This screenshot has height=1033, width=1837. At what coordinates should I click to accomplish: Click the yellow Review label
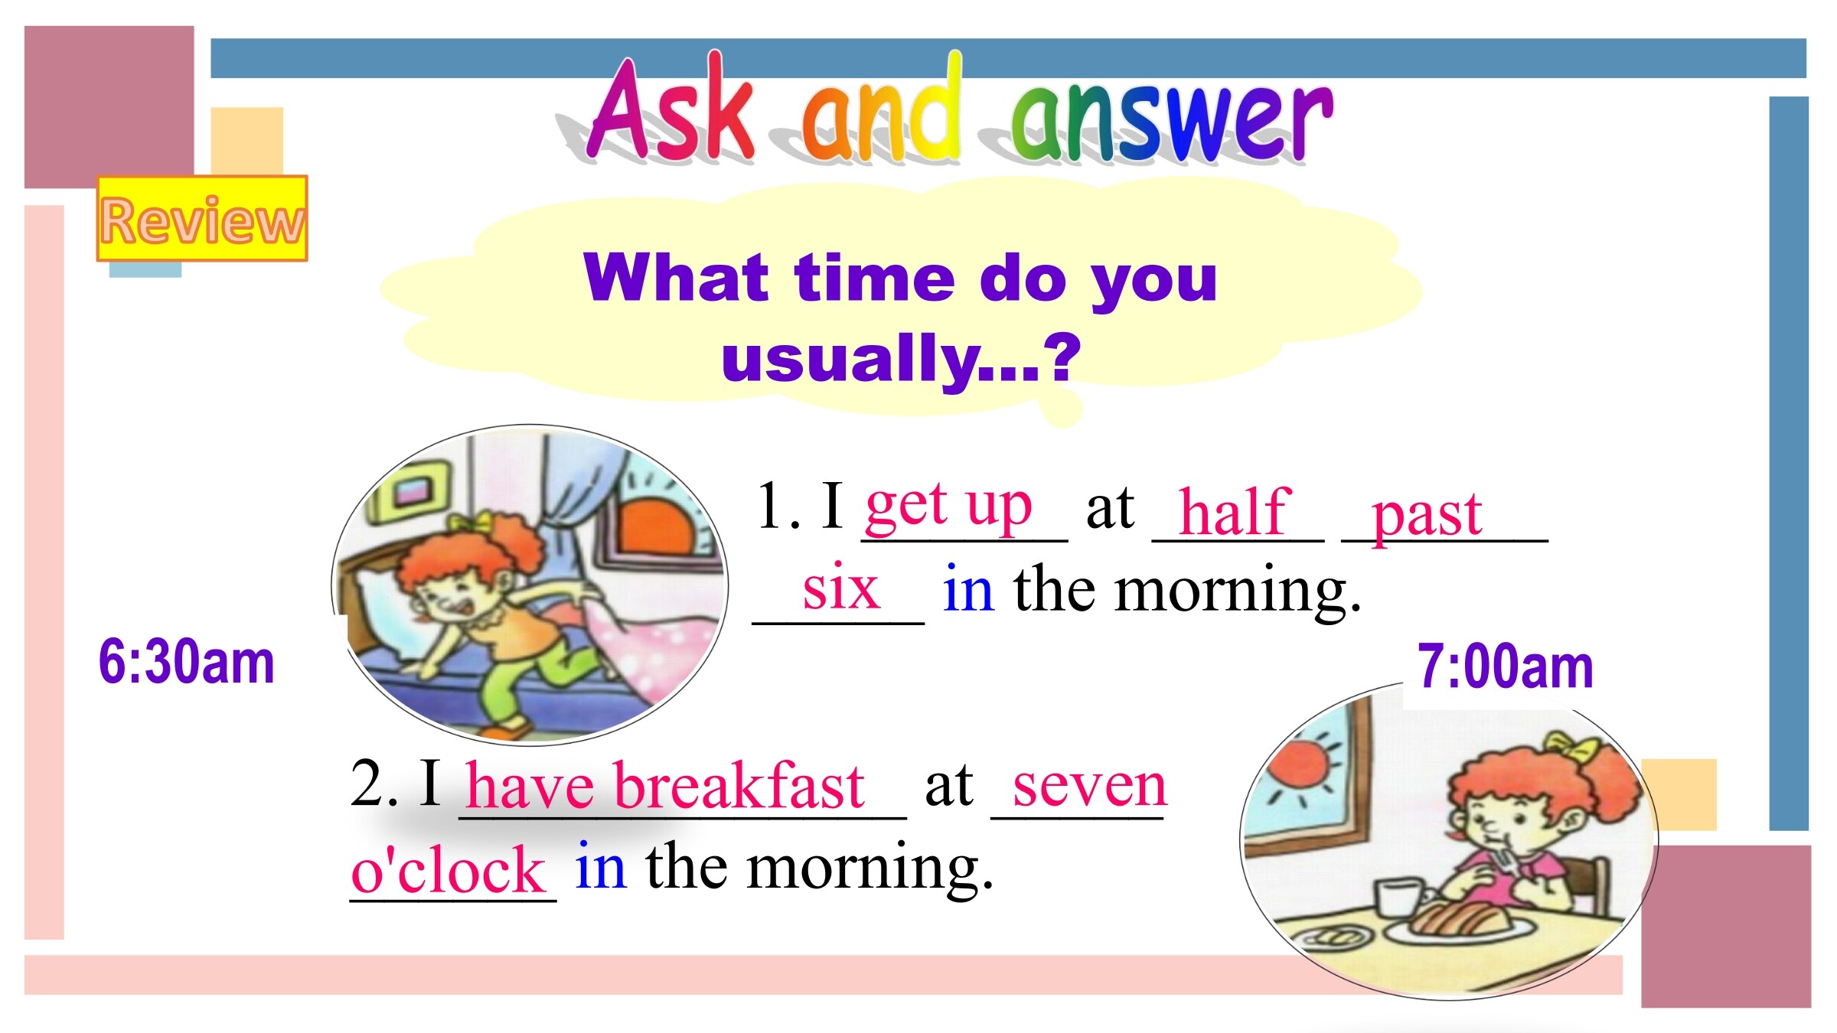coord(202,219)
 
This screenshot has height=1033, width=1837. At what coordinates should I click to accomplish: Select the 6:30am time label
coord(186,662)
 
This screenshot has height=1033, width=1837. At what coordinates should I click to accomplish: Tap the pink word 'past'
coord(1427,516)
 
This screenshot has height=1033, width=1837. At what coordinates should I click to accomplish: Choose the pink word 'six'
coord(840,588)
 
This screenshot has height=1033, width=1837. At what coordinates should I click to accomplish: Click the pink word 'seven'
coord(1090,787)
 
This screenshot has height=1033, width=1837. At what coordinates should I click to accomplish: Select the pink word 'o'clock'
coord(448,869)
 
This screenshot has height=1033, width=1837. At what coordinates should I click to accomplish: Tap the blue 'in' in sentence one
coord(969,588)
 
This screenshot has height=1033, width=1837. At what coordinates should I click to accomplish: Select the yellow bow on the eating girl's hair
coord(1569,745)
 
